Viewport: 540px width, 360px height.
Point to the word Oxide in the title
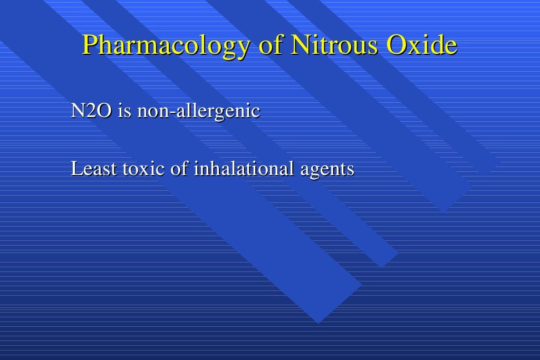point(421,45)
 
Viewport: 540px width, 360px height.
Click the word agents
point(328,170)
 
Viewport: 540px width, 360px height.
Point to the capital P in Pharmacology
point(90,45)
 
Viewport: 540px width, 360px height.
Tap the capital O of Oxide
point(396,45)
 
